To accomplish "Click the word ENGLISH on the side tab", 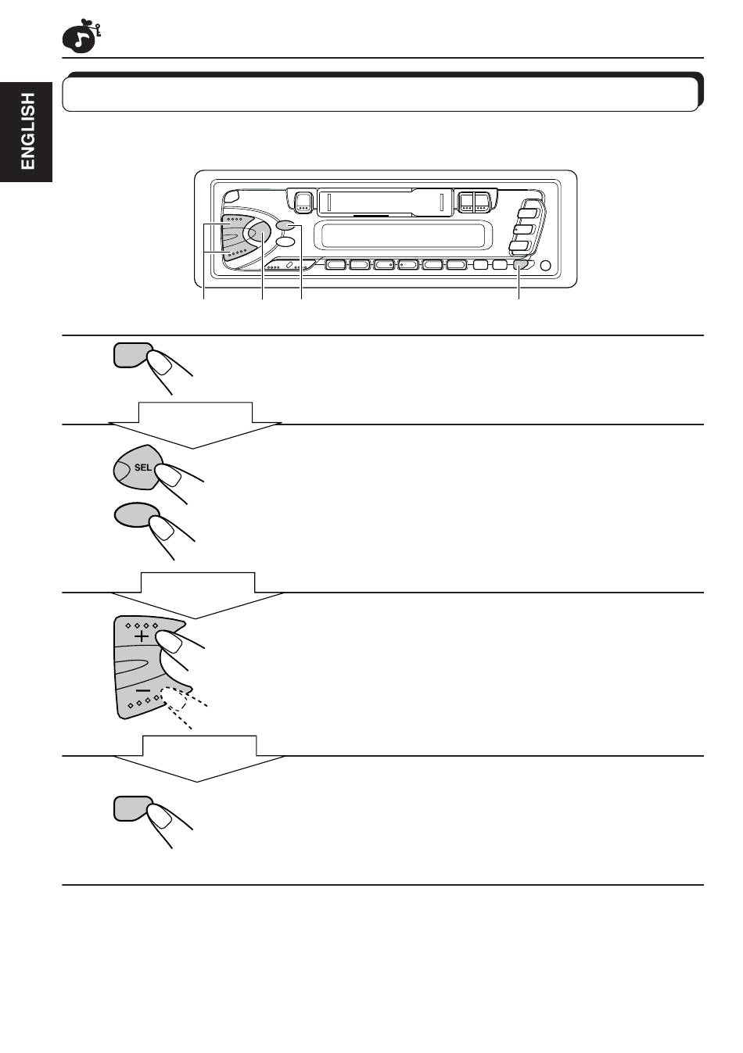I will pos(27,131).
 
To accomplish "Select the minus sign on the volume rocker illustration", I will pos(142,691).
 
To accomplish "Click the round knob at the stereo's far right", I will pos(545,266).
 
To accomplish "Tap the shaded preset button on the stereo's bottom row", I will pos(520,265).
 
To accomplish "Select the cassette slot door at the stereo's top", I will pos(384,202).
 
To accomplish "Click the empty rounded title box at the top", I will pos(380,94).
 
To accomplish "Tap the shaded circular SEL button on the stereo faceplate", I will pos(257,231).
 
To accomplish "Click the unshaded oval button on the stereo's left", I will pos(285,242).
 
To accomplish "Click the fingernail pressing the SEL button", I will pos(165,471).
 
